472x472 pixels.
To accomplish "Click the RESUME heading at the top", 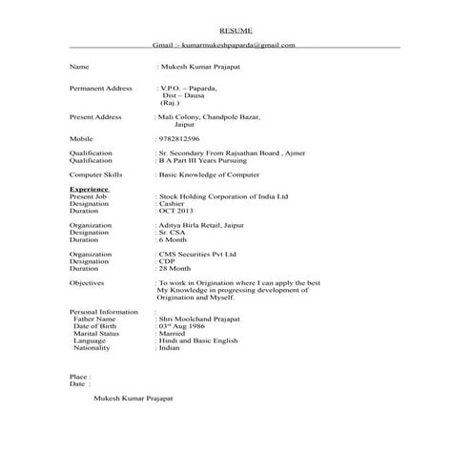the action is point(236,31).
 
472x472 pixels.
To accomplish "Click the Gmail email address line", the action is point(224,45).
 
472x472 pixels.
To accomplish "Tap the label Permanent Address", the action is point(101,88).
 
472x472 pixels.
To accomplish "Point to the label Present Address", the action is point(95,116).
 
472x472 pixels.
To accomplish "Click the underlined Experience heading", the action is point(89,189).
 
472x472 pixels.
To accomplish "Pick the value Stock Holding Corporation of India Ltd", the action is point(223,195).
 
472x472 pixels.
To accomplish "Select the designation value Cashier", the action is point(172,203).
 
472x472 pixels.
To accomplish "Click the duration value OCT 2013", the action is point(176,211).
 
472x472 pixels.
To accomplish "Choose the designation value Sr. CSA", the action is point(173,233).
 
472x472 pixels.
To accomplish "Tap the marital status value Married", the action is point(173,334).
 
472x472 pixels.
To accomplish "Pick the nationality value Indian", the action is point(171,349).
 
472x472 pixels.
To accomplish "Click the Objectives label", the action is point(87,283).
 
